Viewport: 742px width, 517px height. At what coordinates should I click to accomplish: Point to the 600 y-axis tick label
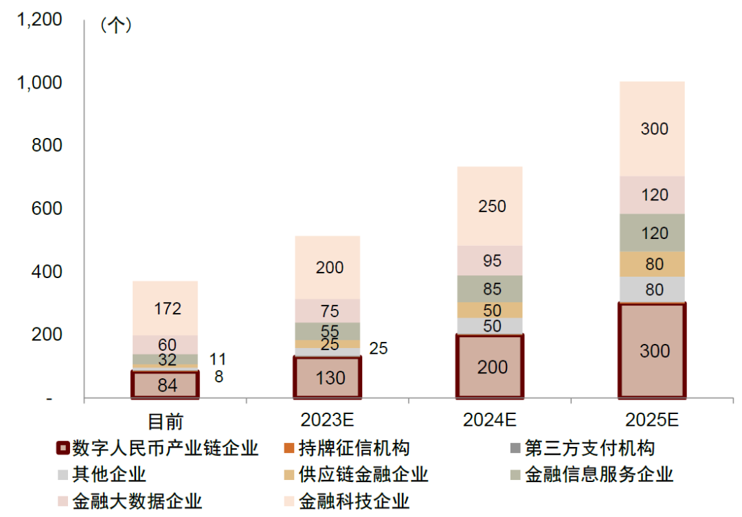[47, 209]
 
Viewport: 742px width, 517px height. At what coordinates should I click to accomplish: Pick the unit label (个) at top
[115, 25]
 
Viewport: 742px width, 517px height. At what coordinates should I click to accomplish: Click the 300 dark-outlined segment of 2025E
[653, 351]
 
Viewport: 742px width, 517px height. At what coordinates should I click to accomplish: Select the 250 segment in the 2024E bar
[491, 206]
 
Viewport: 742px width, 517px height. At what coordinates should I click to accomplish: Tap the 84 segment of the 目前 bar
[166, 385]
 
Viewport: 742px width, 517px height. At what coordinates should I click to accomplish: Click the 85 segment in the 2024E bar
[491, 288]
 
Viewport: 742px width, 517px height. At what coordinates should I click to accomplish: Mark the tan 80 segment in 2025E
[653, 264]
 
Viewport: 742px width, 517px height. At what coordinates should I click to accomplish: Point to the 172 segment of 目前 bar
[166, 308]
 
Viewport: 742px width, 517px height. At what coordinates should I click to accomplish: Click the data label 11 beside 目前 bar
[217, 359]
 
